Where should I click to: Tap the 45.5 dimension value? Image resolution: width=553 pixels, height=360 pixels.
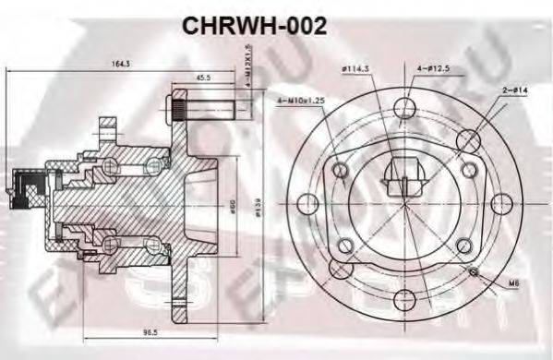pos(202,78)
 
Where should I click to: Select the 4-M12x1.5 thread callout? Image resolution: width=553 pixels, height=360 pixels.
pos(246,78)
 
